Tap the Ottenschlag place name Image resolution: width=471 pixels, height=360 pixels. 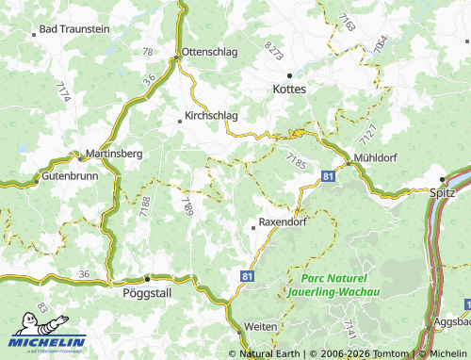pos(209,51)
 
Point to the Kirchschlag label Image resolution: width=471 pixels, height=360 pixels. pos(212,117)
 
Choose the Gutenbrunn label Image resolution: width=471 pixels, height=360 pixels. pos(70,176)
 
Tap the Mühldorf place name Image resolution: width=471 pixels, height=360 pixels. pos(378,157)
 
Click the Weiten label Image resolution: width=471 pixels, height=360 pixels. pos(260,326)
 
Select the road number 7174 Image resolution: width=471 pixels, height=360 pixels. pos(63,91)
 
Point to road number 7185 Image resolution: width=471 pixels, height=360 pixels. pos(297,162)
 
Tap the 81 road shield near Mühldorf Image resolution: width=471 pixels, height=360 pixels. pos(327,176)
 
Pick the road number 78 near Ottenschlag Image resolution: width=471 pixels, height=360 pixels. pos(148,51)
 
